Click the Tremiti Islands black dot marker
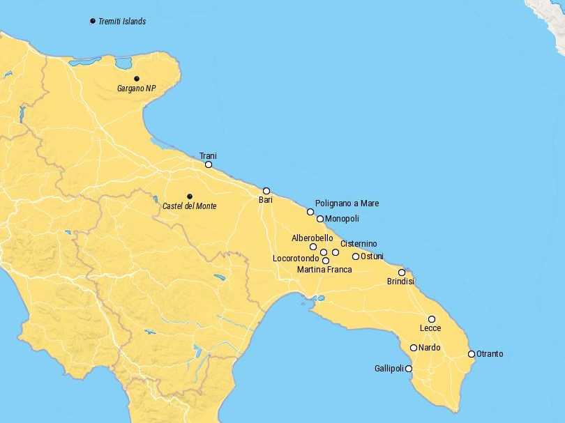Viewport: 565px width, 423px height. pos(93,21)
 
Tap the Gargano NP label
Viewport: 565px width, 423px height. pos(137,89)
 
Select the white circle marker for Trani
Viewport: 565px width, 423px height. pos(209,164)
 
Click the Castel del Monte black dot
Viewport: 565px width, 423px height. pos(189,197)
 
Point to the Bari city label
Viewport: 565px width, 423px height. pos(265,200)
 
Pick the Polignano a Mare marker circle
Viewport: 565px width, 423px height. pos(310,212)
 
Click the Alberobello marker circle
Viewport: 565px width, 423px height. pos(313,247)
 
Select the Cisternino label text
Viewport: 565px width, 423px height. pos(359,243)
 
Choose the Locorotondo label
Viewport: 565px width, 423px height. pos(296,259)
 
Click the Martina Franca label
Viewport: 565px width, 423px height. pos(324,269)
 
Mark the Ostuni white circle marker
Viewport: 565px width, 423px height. pos(356,256)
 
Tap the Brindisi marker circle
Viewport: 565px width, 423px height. pos(402,272)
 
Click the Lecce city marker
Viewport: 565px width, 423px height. pos(432,319)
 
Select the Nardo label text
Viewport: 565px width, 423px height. pos(430,348)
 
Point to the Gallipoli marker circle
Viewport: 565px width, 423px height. pos(409,369)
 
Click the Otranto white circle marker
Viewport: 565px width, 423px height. pos(472,354)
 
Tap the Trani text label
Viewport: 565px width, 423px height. pos(208,155)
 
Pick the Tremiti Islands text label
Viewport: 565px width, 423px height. pos(122,21)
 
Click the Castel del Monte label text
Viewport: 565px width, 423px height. pos(189,206)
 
